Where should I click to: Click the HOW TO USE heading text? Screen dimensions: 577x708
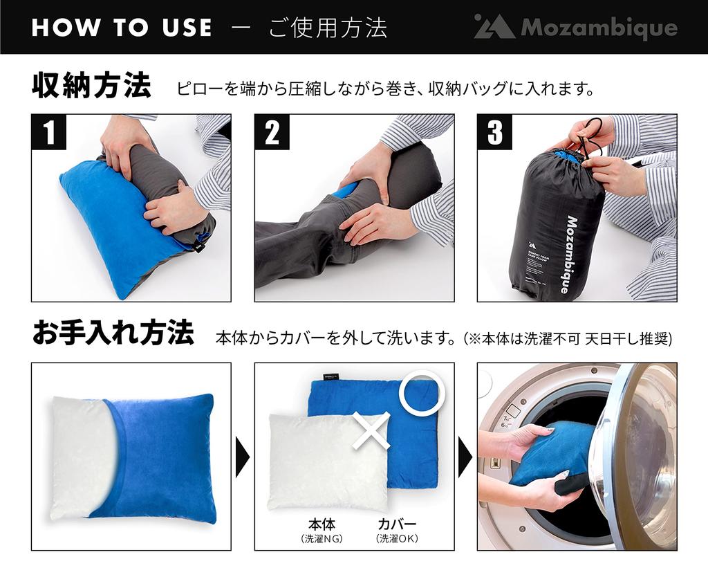[x=121, y=27]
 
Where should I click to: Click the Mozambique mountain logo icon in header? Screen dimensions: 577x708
[x=494, y=28]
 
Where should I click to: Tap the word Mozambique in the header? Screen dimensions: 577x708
[x=599, y=28]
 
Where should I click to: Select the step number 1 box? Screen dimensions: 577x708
[x=48, y=131]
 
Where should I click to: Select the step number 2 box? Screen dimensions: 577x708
[x=272, y=131]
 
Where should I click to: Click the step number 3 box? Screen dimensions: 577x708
[x=495, y=131]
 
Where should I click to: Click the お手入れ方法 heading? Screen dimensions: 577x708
[x=113, y=335]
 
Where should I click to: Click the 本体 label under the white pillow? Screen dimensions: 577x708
[x=322, y=524]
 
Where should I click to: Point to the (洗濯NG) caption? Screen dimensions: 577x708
[x=322, y=538]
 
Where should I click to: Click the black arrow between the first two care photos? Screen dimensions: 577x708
[x=242, y=457]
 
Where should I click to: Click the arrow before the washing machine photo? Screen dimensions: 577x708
[x=465, y=457]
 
